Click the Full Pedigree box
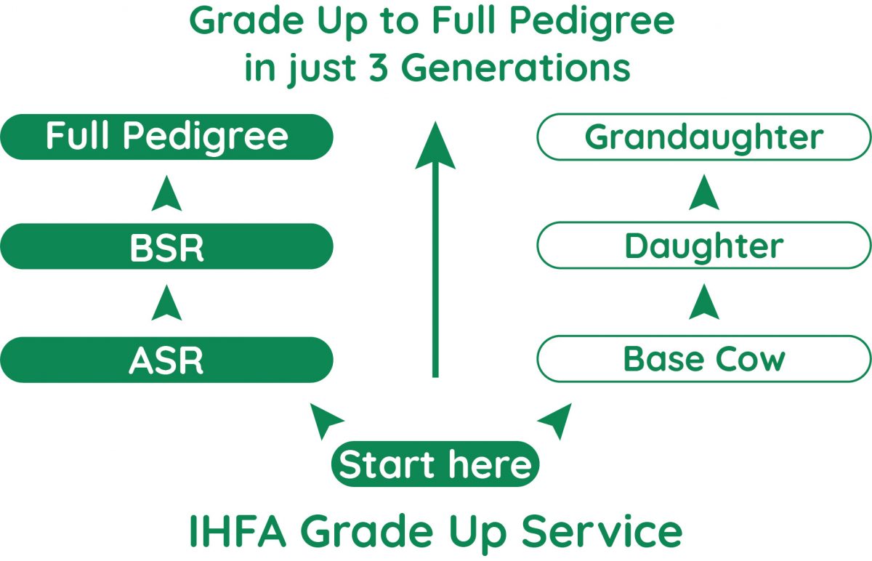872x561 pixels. coord(166,137)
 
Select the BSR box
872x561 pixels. coord(166,247)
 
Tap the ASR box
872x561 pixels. coord(166,360)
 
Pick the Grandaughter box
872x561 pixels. coord(703,137)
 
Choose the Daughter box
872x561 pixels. coord(703,247)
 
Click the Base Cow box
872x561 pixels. coord(703,360)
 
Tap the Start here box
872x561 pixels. coord(435,464)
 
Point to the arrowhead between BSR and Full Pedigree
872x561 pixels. coord(166,193)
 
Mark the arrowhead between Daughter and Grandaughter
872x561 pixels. coord(703,193)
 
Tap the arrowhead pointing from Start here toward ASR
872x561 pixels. coord(325,419)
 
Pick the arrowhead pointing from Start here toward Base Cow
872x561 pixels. coord(554,421)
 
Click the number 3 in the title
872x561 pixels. coord(377,68)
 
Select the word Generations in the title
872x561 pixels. coord(515,68)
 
